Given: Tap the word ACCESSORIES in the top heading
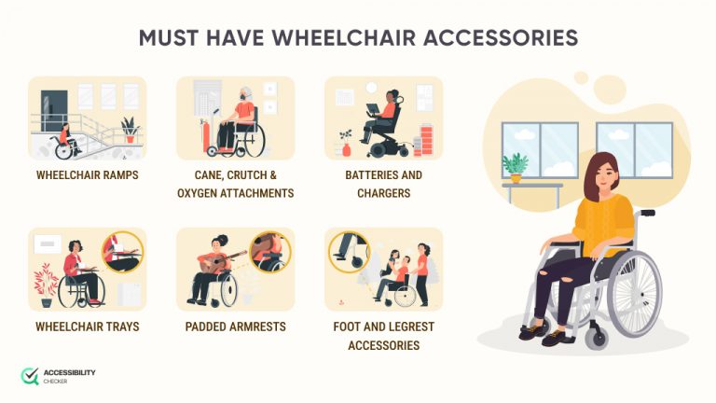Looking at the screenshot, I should click(503, 38).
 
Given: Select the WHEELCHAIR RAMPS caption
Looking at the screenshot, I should click(87, 174).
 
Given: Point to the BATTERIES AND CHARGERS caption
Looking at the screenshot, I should click(383, 184).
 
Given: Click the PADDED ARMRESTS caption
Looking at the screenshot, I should click(235, 327).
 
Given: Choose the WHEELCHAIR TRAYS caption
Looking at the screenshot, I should click(87, 327).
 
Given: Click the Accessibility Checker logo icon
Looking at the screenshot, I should click(30, 376).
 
